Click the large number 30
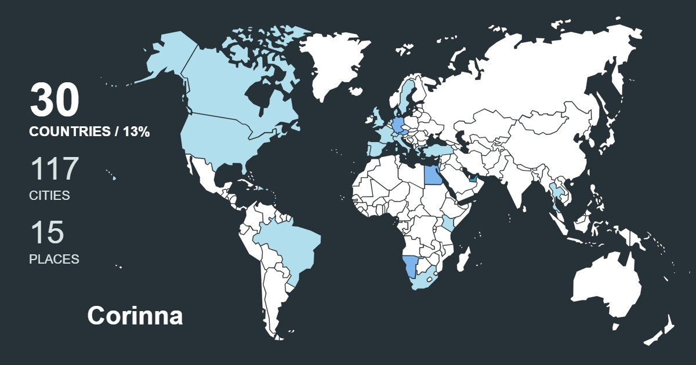point(54,101)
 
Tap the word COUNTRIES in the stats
point(70,132)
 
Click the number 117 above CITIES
point(54,169)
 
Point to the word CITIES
point(49,196)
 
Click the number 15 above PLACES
point(47,233)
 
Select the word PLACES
point(54,260)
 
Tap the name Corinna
point(135,316)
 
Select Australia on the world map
point(606,287)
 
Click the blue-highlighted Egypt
point(432,173)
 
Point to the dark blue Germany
point(399,125)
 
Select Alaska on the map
point(168,55)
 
